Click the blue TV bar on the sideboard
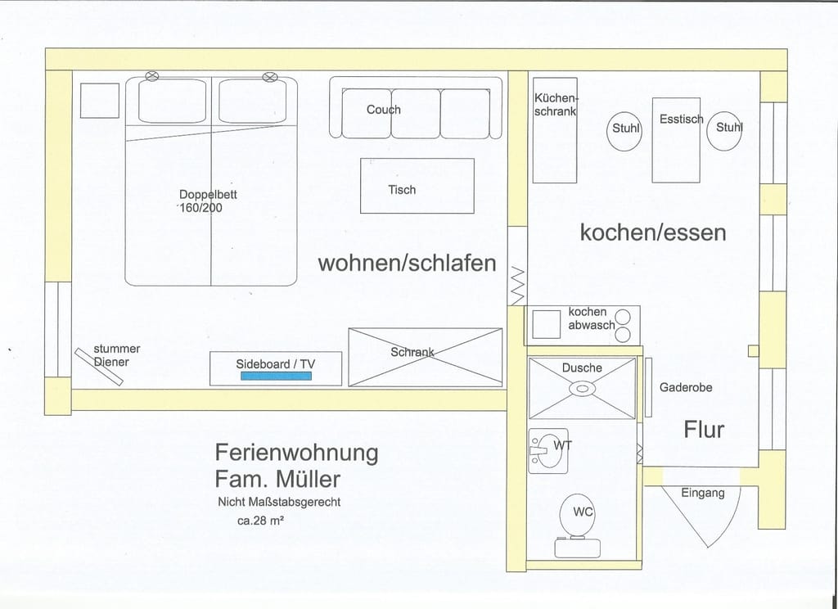(x=274, y=376)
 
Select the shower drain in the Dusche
(x=582, y=389)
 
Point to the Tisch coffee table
(x=417, y=186)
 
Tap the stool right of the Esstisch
(x=725, y=129)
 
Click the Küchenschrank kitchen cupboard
(x=555, y=131)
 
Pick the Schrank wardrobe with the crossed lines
(x=425, y=356)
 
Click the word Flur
(x=704, y=429)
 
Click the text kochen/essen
(x=652, y=232)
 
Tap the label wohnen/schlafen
(x=407, y=263)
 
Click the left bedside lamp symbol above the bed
(x=151, y=76)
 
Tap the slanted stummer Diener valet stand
(x=99, y=365)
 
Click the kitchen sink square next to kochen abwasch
(x=546, y=324)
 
